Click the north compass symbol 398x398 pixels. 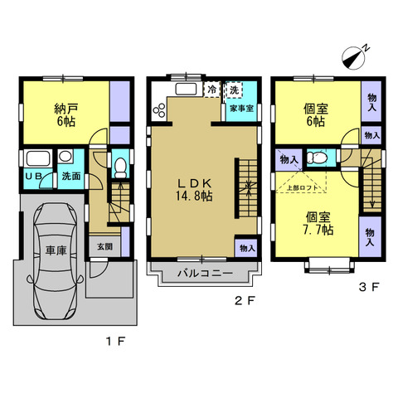(353, 58)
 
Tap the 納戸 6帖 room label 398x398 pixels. (66, 114)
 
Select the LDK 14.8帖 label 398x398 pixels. (194, 190)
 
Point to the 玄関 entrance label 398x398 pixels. (104, 247)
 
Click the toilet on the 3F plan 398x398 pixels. (318, 158)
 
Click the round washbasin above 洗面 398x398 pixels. (66, 156)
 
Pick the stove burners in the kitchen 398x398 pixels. (159, 110)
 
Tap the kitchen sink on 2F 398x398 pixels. (186, 89)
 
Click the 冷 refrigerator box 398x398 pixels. (212, 90)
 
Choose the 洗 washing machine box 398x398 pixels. (234, 90)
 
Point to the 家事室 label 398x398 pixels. (242, 109)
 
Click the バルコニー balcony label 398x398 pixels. (205, 274)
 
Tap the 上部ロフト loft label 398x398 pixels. (303, 187)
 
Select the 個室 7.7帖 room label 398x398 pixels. (318, 223)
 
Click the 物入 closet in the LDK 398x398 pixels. (247, 248)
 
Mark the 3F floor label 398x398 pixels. (368, 287)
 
